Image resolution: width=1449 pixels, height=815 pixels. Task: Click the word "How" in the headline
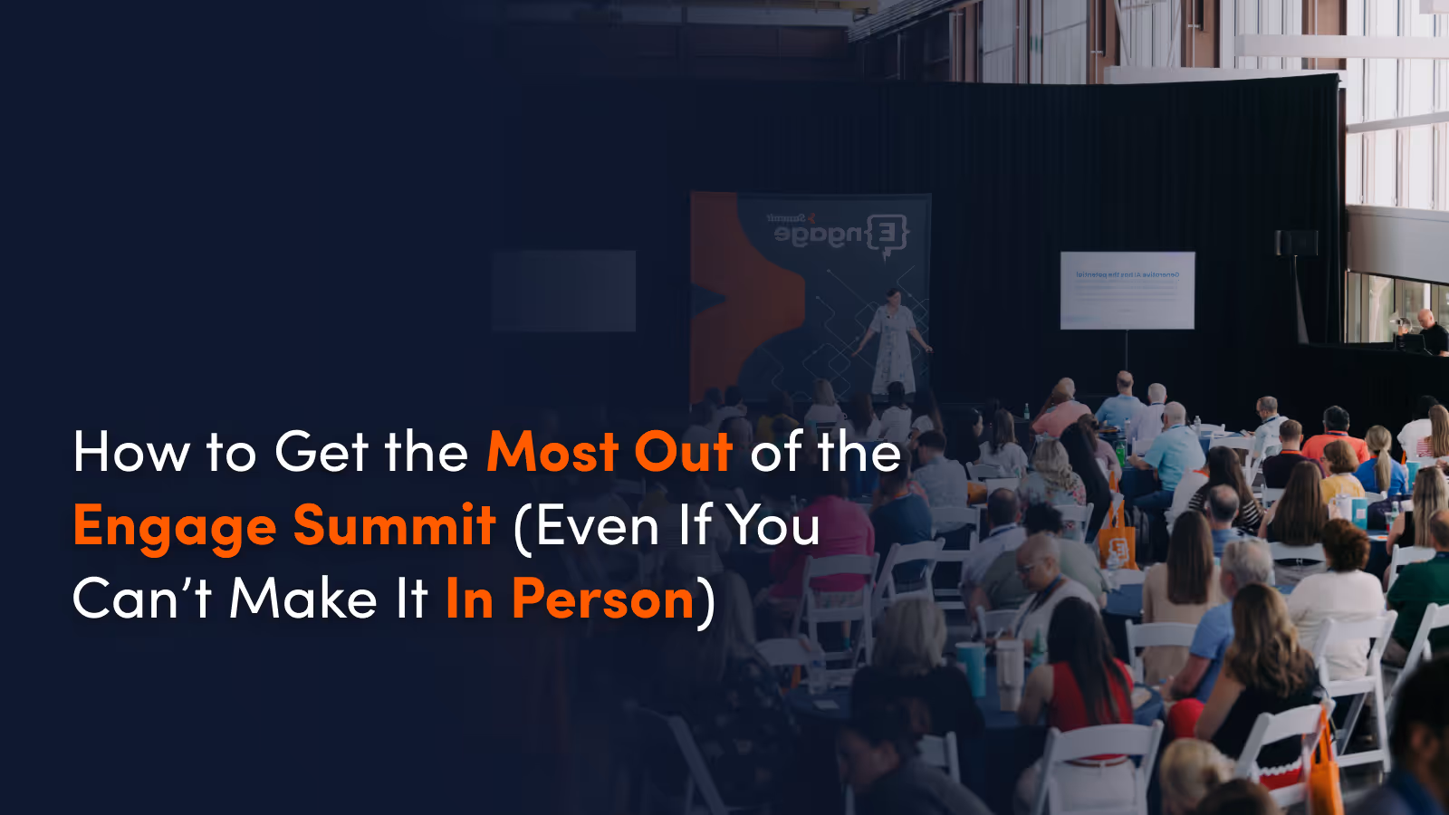131,452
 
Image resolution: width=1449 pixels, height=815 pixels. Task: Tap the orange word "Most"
552,452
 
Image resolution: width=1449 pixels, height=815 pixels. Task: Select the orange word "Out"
683,452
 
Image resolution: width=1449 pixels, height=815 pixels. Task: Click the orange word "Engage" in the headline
175,527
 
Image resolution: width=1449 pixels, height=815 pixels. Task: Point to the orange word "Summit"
395,525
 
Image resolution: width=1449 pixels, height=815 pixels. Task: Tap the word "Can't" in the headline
142,599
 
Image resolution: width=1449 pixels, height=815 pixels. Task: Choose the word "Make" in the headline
303,599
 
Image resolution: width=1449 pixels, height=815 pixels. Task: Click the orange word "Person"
603,599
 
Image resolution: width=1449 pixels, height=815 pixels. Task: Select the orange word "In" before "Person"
469,599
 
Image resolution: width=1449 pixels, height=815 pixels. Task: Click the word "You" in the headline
774,525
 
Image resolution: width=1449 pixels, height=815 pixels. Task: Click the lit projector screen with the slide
1127,291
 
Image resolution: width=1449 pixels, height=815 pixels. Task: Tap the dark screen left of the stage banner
563,291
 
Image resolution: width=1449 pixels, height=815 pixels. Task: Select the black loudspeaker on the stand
1296,243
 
